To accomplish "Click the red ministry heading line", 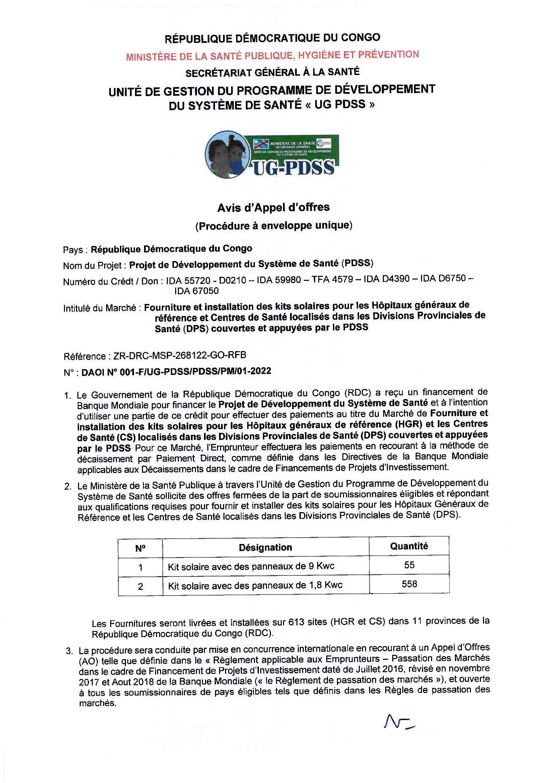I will (x=272, y=55).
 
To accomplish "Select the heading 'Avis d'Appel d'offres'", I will (x=273, y=207).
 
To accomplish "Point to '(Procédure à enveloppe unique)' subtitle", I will (x=274, y=226).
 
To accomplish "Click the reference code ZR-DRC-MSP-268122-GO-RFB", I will (x=180, y=356).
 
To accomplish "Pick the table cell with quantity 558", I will (x=409, y=584).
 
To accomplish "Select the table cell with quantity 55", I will (x=409, y=565).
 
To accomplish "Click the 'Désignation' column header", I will (x=265, y=547).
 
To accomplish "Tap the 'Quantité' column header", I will (x=409, y=546).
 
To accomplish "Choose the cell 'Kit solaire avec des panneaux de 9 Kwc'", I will (x=251, y=566).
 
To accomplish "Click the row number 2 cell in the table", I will (x=140, y=586).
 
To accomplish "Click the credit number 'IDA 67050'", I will (x=197, y=291).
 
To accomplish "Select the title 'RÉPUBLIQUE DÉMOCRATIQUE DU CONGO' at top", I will (x=272, y=38).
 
